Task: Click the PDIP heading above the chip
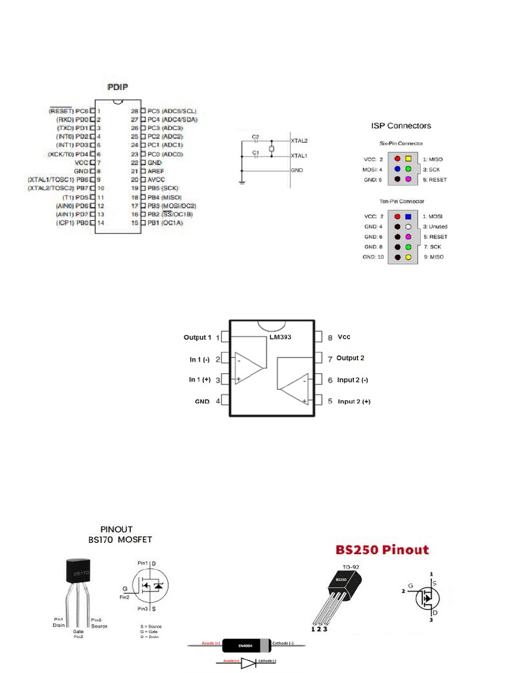pyautogui.click(x=119, y=87)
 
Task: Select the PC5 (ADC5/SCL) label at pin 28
pyautogui.click(x=172, y=112)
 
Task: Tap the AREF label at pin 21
pyautogui.click(x=156, y=171)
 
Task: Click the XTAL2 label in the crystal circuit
pyautogui.click(x=299, y=141)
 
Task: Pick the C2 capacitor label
pyautogui.click(x=256, y=137)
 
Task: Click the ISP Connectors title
pyautogui.click(x=400, y=125)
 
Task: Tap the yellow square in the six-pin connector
pyautogui.click(x=408, y=159)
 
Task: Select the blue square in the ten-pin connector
pyautogui.click(x=408, y=216)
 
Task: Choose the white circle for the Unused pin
pyautogui.click(x=408, y=226)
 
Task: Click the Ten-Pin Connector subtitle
pyautogui.click(x=402, y=201)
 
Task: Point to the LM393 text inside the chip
pyautogui.click(x=279, y=337)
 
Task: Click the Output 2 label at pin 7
pyautogui.click(x=350, y=358)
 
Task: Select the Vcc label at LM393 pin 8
pyautogui.click(x=345, y=336)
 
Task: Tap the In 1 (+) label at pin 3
pyautogui.click(x=200, y=379)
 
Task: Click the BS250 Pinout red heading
pyautogui.click(x=382, y=549)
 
